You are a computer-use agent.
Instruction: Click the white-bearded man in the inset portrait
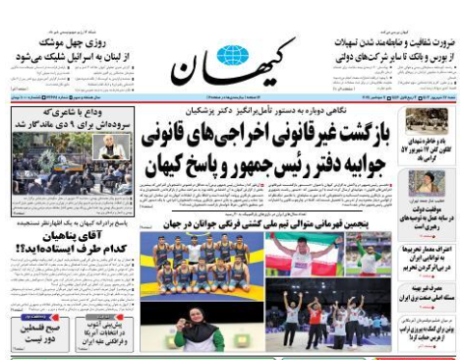click(x=107, y=147)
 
